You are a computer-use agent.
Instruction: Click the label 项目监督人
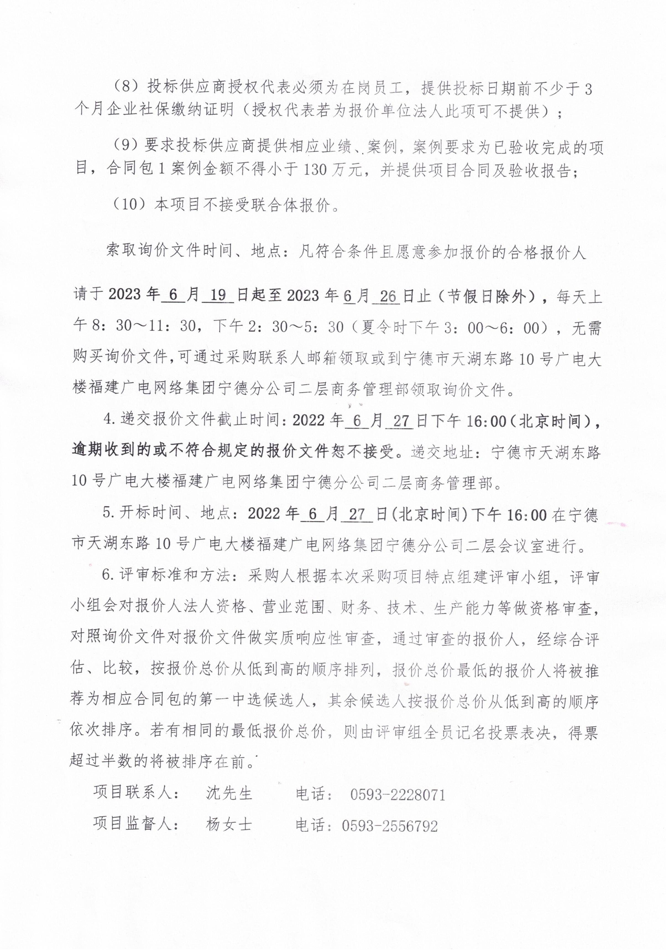tap(132, 823)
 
